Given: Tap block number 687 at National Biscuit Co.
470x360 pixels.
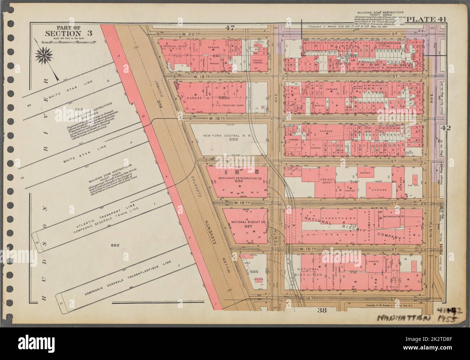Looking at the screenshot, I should click(x=248, y=226).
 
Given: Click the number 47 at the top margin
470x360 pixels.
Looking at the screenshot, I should click(x=229, y=27).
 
